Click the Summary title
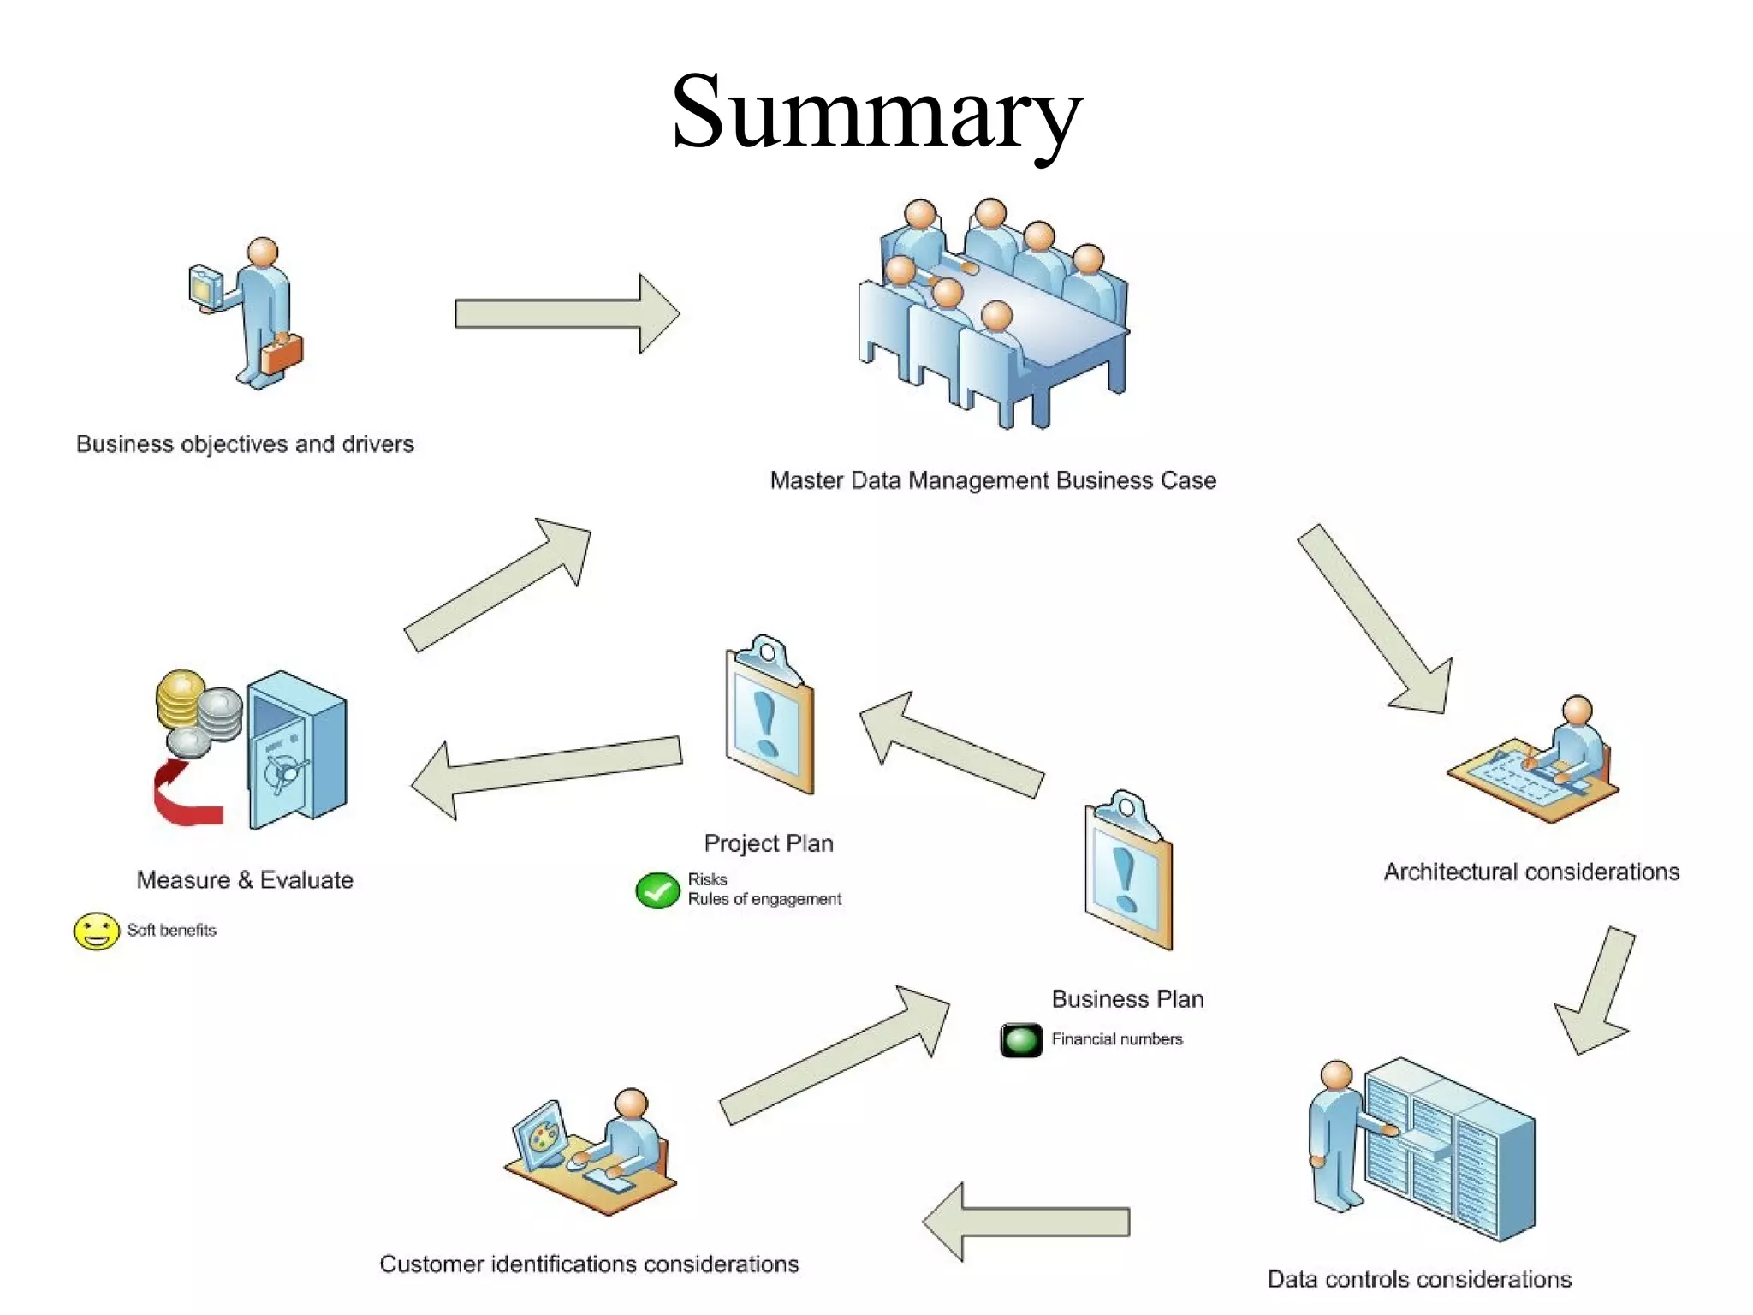(876, 112)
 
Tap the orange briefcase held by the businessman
(283, 354)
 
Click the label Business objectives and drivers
(245, 444)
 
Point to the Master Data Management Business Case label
(993, 480)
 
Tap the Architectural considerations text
(1531, 872)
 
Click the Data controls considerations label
(1419, 1279)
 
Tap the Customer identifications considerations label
(589, 1264)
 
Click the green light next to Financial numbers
(1021, 1040)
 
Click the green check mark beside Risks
(657, 890)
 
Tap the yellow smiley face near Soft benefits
(96, 931)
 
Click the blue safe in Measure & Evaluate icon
(296, 749)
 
